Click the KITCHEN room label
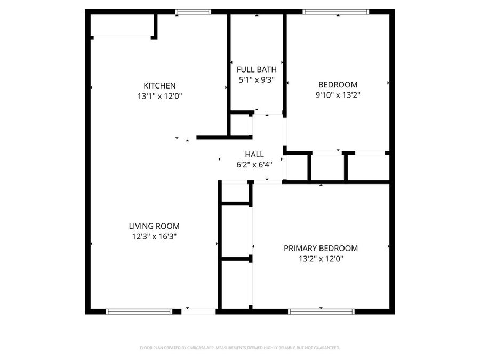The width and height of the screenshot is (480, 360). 159,86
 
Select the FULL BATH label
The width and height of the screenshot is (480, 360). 257,69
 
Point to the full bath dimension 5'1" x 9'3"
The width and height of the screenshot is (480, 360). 257,80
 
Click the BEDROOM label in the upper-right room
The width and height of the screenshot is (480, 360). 338,85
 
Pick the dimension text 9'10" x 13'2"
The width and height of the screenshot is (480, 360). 338,95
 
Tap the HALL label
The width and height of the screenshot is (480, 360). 254,154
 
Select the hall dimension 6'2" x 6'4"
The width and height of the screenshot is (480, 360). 254,165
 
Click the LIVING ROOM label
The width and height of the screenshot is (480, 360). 154,226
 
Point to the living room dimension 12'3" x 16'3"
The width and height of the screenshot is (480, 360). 154,237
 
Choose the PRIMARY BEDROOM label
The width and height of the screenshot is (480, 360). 321,249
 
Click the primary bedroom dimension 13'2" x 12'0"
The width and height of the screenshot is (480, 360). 321,259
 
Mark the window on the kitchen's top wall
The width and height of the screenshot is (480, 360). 193,12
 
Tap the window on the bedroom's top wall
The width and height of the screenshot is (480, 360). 335,12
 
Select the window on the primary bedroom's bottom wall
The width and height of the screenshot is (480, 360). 321,311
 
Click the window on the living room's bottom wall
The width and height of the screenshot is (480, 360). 139,311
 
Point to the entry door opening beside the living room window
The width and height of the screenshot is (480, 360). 198,311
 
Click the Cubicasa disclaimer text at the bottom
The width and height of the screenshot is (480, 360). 239,348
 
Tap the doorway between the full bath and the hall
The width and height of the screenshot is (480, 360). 267,114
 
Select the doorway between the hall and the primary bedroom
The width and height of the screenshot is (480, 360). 268,182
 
